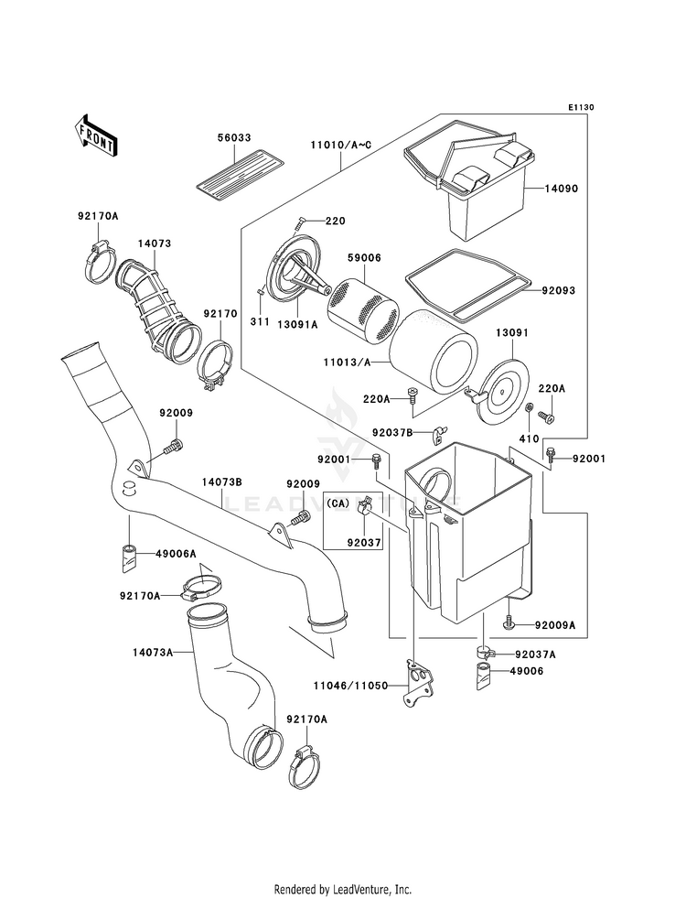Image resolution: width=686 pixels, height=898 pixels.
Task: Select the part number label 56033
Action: click(233, 138)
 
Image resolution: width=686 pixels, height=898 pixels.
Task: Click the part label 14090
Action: click(561, 189)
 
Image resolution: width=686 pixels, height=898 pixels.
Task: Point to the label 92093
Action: click(559, 290)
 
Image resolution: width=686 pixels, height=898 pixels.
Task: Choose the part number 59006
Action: click(364, 258)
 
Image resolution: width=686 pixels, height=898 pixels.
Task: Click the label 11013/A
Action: click(347, 362)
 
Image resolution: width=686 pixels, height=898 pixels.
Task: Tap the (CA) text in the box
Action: click(338, 503)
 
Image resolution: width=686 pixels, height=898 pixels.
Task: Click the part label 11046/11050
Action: click(350, 686)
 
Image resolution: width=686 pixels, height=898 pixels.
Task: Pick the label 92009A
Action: click(555, 625)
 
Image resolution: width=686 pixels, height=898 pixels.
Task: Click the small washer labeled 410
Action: click(530, 406)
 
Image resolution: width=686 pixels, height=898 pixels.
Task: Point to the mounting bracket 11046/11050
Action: click(420, 682)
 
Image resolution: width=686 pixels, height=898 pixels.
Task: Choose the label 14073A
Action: click(153, 653)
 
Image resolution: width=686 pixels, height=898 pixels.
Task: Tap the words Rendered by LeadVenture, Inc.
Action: click(343, 890)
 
